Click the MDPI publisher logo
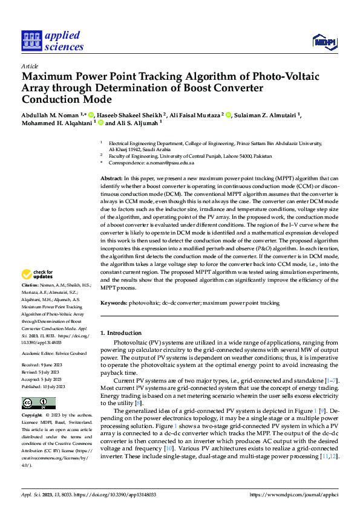tap(324, 41)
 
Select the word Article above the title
tap(30, 66)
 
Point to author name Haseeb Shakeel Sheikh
tap(128, 115)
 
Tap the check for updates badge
tap(38, 274)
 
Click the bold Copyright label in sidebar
tap(32, 416)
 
